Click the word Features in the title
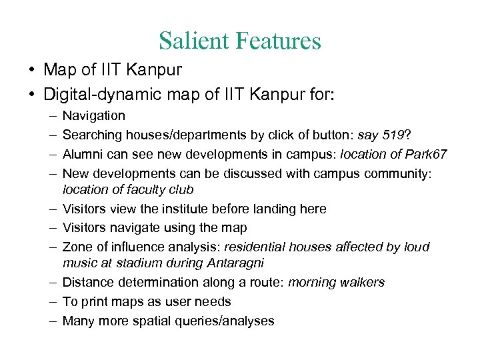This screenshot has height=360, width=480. coord(278,41)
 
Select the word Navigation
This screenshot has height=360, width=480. coord(93,116)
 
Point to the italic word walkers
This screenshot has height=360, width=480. coord(363,283)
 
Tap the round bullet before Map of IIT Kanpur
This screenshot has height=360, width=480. coord(32,70)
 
